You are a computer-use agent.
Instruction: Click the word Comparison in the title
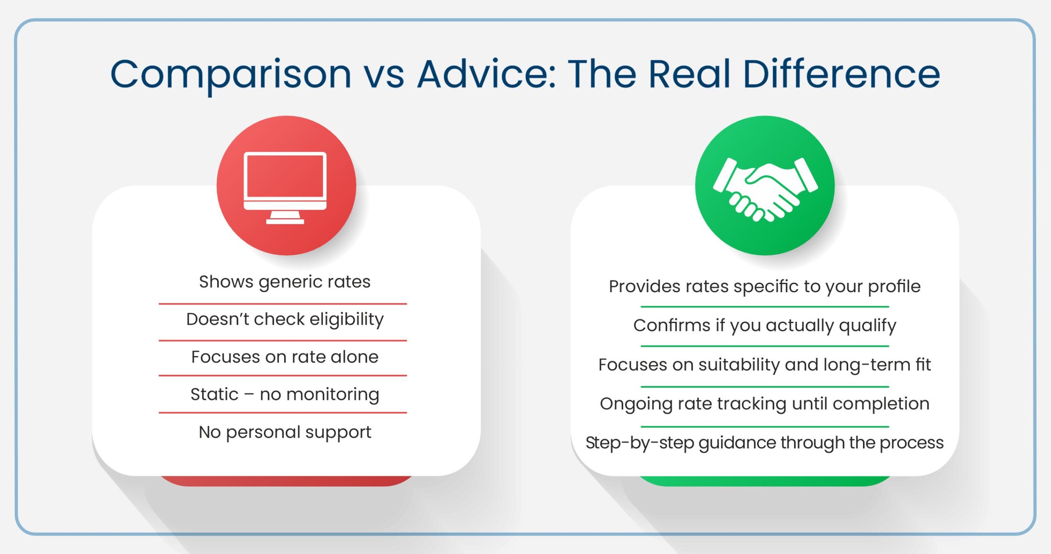pyautogui.click(x=231, y=75)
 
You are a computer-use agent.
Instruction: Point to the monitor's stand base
pyautogui.click(x=285, y=222)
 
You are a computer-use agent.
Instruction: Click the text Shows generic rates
pyautogui.click(x=285, y=282)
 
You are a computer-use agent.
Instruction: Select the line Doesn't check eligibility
pyautogui.click(x=285, y=319)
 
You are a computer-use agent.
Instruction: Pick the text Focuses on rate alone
pyautogui.click(x=285, y=357)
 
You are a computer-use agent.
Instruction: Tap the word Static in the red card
pyautogui.click(x=214, y=394)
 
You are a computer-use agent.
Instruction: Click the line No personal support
pyautogui.click(x=285, y=432)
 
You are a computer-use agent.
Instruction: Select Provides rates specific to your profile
pyautogui.click(x=764, y=286)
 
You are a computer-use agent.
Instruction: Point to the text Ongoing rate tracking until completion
pyautogui.click(x=764, y=404)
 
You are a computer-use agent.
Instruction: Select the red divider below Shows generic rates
pyautogui.click(x=282, y=304)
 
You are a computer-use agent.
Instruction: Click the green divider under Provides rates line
pyautogui.click(x=764, y=307)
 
